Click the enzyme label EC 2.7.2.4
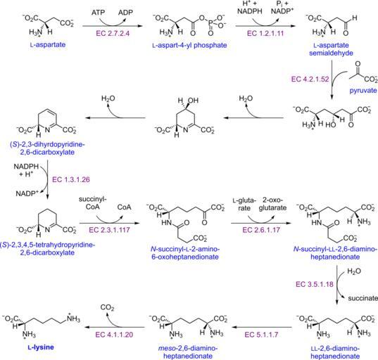click(x=113, y=33)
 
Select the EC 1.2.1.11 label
click(x=265, y=33)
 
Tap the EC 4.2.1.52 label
click(x=310, y=79)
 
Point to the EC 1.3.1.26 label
click(x=71, y=179)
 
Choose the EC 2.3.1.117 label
click(x=109, y=230)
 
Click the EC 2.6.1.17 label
click(x=261, y=230)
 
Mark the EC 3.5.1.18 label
click(x=315, y=284)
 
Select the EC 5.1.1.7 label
click(x=261, y=335)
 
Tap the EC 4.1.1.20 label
click(x=114, y=335)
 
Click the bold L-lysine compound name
click(x=41, y=347)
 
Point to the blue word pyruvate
click(x=363, y=91)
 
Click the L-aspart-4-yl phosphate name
click(x=189, y=45)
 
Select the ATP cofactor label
click(x=98, y=12)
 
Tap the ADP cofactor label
click(x=125, y=12)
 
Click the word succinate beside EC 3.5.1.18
click(x=363, y=298)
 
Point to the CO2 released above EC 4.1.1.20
click(x=107, y=307)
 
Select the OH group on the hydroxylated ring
click(x=193, y=100)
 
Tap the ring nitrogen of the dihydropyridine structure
click(x=47, y=129)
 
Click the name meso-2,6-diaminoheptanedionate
click(x=188, y=352)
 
